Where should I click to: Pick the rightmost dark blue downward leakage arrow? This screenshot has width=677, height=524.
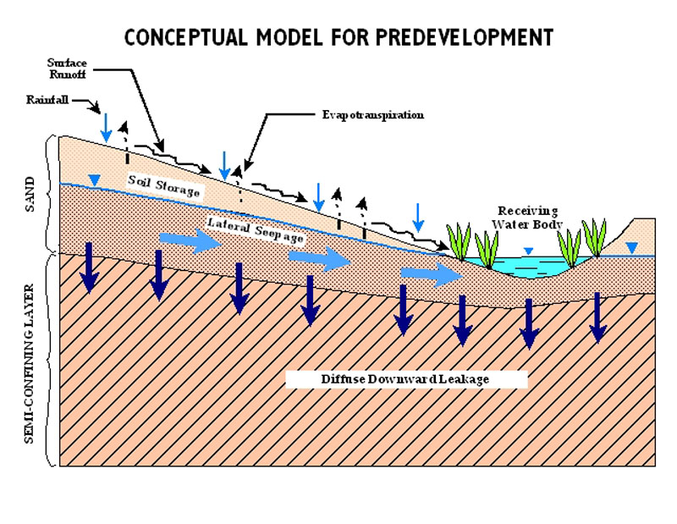(599, 317)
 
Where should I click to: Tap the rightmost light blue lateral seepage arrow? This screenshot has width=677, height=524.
(431, 273)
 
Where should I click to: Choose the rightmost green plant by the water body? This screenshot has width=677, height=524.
(595, 238)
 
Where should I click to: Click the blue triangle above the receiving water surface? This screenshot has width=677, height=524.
(528, 251)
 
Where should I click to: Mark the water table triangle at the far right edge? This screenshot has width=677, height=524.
(630, 247)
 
